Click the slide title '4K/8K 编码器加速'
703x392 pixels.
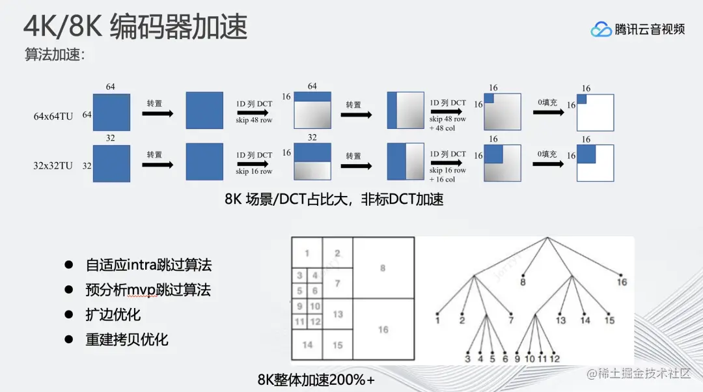pyautogui.click(x=135, y=27)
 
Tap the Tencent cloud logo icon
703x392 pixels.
pyautogui.click(x=600, y=29)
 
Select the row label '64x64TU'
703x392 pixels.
pyautogui.click(x=53, y=115)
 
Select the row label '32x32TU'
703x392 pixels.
pyautogui.click(x=53, y=165)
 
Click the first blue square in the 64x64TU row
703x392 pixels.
pyautogui.click(x=111, y=112)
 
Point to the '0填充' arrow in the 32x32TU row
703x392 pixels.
pyautogui.click(x=549, y=164)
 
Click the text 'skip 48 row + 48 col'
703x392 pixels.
pyautogui.click(x=448, y=123)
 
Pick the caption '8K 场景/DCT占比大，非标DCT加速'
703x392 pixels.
pyautogui.click(x=334, y=200)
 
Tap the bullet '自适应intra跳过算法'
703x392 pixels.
pyautogui.click(x=148, y=265)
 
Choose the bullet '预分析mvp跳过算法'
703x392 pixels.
pyautogui.click(x=148, y=290)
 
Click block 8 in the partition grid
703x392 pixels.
pyautogui.click(x=383, y=268)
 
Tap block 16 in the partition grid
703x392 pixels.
pyautogui.click(x=383, y=329)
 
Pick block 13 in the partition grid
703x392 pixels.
pyautogui.click(x=337, y=315)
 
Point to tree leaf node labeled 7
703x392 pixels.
pyautogui.click(x=512, y=312)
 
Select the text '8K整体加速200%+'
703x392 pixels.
pyautogui.click(x=316, y=380)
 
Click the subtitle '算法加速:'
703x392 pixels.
pyautogui.click(x=55, y=55)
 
